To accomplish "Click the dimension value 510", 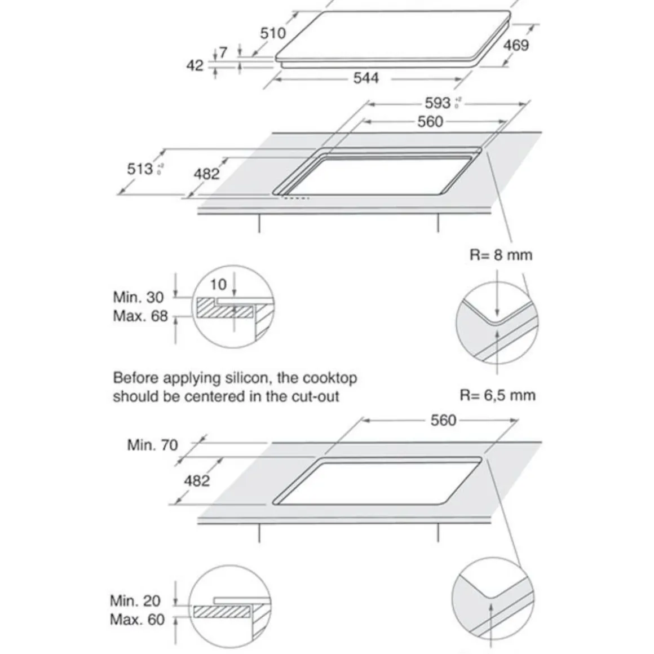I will (x=273, y=33).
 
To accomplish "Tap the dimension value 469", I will (x=516, y=45).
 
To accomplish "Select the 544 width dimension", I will (x=366, y=78).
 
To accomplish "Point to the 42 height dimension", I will (x=195, y=66).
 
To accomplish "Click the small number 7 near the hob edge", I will (x=223, y=52).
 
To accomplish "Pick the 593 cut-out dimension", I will (x=438, y=103).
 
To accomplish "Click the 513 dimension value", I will (x=140, y=169).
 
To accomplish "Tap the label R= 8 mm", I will (x=501, y=255).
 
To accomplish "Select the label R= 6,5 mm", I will (x=497, y=395).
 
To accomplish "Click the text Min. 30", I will (x=138, y=297).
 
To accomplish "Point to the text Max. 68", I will (x=140, y=316).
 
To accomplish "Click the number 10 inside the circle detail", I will (x=218, y=285).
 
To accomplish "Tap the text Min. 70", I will (x=152, y=445).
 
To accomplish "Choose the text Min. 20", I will (x=135, y=601).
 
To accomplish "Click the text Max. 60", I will (x=137, y=620).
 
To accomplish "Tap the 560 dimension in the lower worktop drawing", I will (x=443, y=421).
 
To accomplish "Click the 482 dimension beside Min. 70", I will (x=196, y=481).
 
